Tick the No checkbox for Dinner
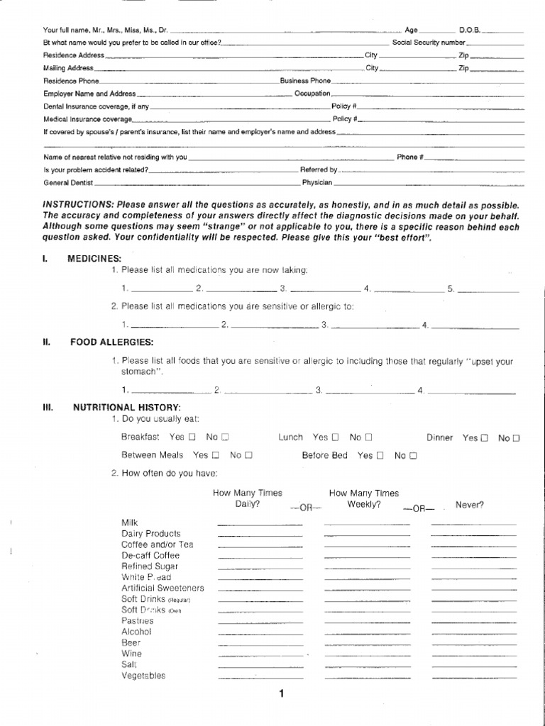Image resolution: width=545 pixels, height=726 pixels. coord(517,438)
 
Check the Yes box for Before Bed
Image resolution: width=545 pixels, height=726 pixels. coord(381,455)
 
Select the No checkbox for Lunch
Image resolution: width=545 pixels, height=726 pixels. coord(369,437)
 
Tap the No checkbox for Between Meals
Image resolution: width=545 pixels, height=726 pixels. coord(249,455)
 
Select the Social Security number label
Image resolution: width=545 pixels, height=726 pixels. coord(429,43)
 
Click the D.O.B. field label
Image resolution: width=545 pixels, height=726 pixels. coord(470,30)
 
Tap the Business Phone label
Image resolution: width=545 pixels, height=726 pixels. coord(305,81)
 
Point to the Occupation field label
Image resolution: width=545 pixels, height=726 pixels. coord(312,94)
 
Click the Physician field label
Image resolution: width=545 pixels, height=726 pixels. coord(316,182)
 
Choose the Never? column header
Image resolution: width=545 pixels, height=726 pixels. coord(470,505)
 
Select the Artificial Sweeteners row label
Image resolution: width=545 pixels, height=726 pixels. coord(163,588)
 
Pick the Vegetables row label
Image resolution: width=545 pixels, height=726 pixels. coord(143,676)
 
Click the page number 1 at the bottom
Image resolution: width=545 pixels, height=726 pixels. coord(281,694)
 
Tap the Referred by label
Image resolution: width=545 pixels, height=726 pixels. coord(319,170)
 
